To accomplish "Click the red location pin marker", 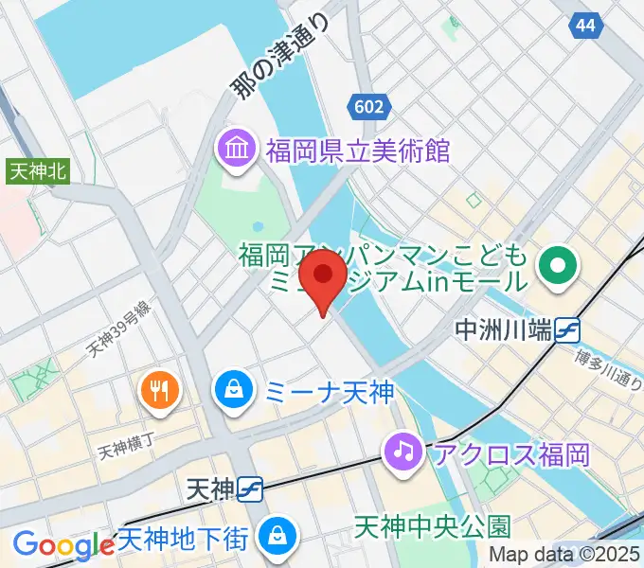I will point(323,276).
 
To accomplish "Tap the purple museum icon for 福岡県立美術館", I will point(235,149).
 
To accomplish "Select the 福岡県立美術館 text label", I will point(357,150).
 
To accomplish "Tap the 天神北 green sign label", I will point(38,171).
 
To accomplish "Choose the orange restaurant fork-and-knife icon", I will point(159,388).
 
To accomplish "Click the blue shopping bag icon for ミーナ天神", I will point(232,388).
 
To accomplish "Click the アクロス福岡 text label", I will point(511,453).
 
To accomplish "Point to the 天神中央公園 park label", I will point(433,525).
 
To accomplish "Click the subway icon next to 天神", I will point(251,488).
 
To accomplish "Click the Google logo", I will point(63,545).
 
